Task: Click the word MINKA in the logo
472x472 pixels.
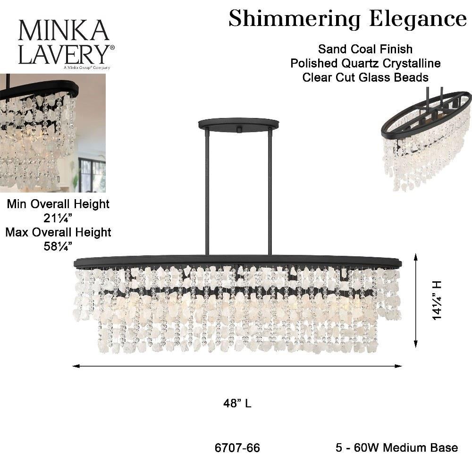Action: point(63,31)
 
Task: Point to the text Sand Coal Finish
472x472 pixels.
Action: point(365,49)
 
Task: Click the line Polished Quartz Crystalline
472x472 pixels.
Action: point(365,63)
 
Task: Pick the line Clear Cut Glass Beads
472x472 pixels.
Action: point(365,77)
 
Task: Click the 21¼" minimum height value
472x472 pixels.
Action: point(58,218)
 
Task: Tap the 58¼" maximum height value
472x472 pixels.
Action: point(58,246)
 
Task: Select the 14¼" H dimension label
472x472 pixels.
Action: point(437,300)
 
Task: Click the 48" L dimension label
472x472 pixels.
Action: point(237,404)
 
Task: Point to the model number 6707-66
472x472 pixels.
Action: point(237,447)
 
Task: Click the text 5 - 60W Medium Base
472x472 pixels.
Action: point(396,447)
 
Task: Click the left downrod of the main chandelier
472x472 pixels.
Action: point(207,194)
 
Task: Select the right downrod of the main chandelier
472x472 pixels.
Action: point(270,194)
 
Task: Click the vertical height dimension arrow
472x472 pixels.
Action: point(415,300)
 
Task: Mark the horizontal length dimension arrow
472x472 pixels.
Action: point(237,366)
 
